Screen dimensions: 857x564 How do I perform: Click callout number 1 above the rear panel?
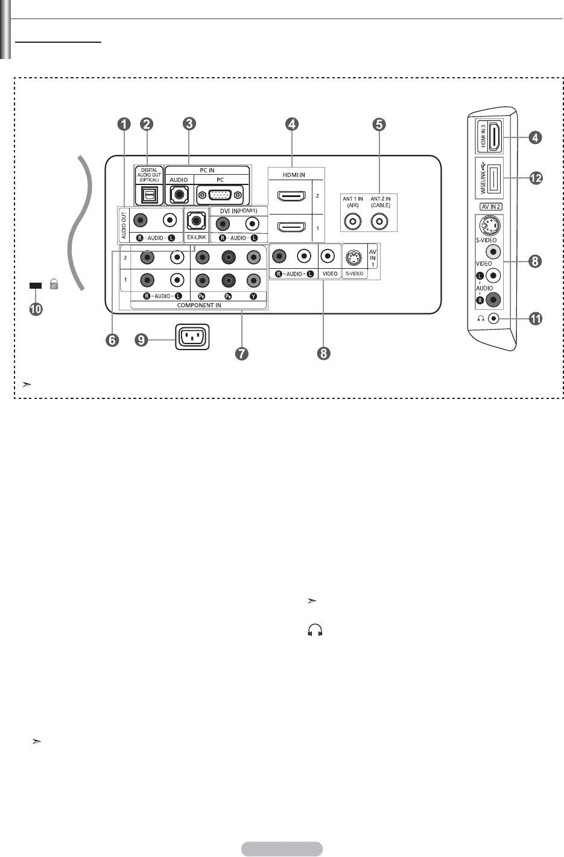click(x=123, y=124)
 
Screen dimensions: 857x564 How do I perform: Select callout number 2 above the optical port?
click(x=146, y=124)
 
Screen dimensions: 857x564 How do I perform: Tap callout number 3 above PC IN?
click(x=189, y=124)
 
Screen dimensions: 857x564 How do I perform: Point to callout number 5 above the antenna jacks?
click(x=379, y=124)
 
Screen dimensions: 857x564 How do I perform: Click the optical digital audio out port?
click(x=148, y=194)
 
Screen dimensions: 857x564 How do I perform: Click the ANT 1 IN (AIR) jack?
click(x=353, y=222)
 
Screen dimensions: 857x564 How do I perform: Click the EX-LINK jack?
click(x=195, y=221)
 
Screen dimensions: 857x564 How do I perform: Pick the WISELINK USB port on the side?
click(x=493, y=178)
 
